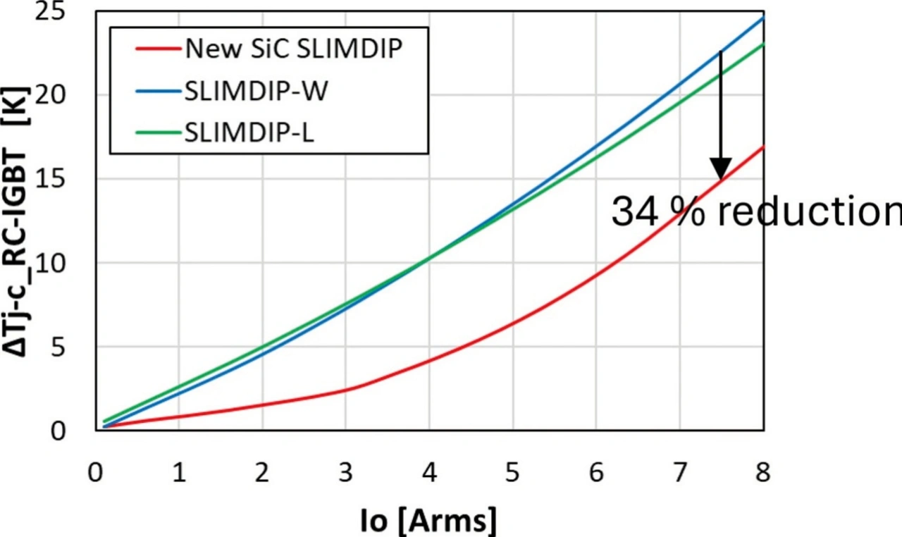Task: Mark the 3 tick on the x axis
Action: [346, 474]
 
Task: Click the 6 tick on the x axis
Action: [596, 474]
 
